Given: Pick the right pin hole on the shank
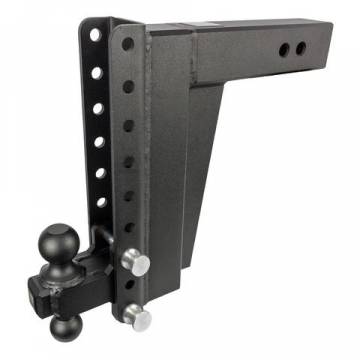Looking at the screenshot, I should click(298, 50).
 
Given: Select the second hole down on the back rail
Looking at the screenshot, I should click(95, 73).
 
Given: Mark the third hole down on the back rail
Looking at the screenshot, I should click(97, 109).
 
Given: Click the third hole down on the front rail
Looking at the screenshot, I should click(128, 124).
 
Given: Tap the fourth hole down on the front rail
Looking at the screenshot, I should click(128, 159).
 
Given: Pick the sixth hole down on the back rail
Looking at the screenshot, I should click(101, 201).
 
